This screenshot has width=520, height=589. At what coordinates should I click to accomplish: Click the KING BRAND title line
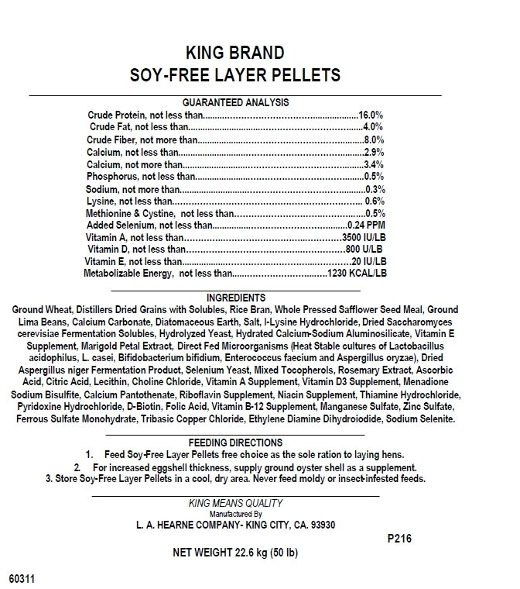[x=235, y=53]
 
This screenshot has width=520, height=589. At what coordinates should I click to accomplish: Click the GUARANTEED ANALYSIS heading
[x=235, y=102]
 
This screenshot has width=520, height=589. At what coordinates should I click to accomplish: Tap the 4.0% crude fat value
[x=373, y=126]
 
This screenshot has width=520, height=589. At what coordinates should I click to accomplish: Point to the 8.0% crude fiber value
[x=373, y=139]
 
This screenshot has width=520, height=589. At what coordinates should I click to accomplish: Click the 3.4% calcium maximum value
[x=373, y=164]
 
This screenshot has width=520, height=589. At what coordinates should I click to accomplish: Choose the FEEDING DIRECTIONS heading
[x=235, y=440]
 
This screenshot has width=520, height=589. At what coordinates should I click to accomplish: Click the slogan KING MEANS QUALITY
[x=235, y=503]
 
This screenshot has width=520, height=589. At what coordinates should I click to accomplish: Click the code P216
[x=396, y=539]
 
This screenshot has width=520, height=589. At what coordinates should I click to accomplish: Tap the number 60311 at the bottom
[x=22, y=578]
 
